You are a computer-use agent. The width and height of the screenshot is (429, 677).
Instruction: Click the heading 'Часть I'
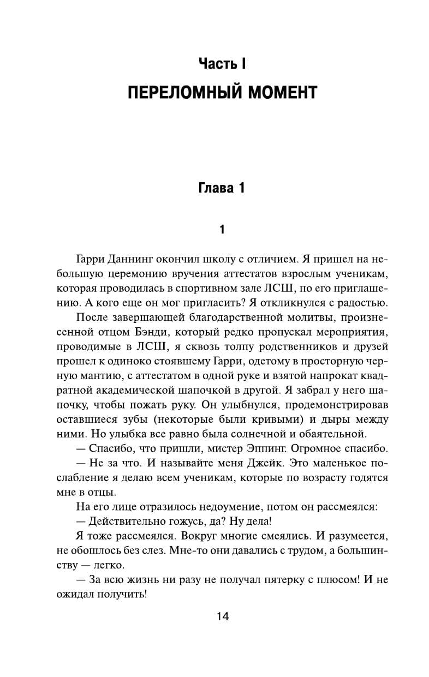(x=222, y=64)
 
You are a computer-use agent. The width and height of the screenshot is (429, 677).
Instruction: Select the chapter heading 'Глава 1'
(x=221, y=189)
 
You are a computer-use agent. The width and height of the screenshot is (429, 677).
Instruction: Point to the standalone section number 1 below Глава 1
(x=222, y=230)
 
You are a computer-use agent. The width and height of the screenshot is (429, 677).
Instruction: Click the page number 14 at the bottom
(x=222, y=617)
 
